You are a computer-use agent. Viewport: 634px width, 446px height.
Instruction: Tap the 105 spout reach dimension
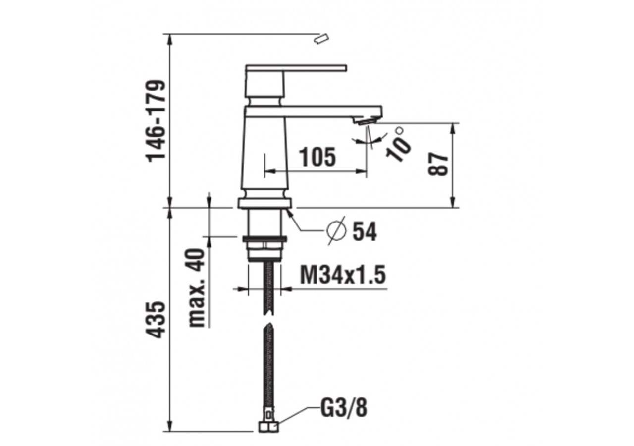coord(317,158)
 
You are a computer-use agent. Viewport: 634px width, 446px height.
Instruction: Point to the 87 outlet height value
coord(439,164)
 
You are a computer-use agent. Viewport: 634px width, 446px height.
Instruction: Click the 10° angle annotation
coord(399,143)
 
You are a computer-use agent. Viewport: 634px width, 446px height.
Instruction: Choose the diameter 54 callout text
coord(364,231)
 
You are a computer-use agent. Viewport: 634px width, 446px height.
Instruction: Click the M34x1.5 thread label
coord(343,275)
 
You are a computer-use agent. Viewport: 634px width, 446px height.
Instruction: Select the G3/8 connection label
coord(344,409)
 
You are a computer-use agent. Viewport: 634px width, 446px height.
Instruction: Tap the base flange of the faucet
coord(265,202)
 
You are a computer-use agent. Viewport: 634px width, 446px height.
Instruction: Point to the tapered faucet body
coord(265,154)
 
